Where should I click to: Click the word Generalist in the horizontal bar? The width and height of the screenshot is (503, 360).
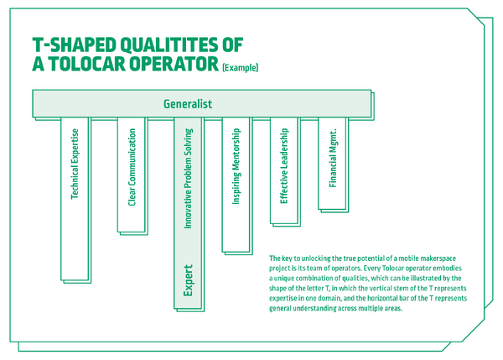coord(188,104)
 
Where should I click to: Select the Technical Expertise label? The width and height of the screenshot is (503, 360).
coord(75,164)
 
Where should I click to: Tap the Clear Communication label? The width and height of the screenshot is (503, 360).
coord(132,167)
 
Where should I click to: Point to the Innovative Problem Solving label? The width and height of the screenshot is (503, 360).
coord(188,178)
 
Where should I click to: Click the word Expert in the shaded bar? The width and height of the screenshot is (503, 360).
coord(188,280)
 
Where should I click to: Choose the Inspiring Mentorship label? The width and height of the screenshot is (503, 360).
coord(236,166)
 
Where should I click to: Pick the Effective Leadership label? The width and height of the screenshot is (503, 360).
coord(284,165)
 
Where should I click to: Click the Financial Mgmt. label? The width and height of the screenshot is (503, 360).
coord(333,158)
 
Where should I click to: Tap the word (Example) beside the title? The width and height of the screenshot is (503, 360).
coord(241,68)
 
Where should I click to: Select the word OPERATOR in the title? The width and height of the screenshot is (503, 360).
coord(174,64)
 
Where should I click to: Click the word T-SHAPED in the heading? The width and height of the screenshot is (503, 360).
coord(74,44)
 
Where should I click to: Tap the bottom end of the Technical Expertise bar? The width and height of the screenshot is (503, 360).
coord(75,280)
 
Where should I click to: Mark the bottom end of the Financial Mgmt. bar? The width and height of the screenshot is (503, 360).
coord(332,210)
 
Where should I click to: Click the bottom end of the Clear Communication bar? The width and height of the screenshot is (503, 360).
coord(132,232)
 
